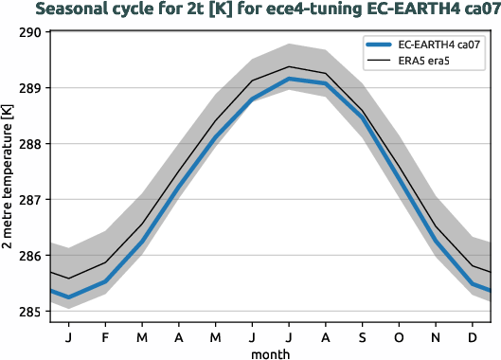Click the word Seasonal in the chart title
click(x=81, y=10)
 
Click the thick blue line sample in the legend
click(x=381, y=45)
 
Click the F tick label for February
click(x=104, y=336)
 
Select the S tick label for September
click(x=361, y=336)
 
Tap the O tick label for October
click(x=398, y=336)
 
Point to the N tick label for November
click(x=435, y=336)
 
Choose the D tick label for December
click(x=471, y=336)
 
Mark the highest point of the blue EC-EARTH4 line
click(x=288, y=79)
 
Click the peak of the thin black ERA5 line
click(x=288, y=66)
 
